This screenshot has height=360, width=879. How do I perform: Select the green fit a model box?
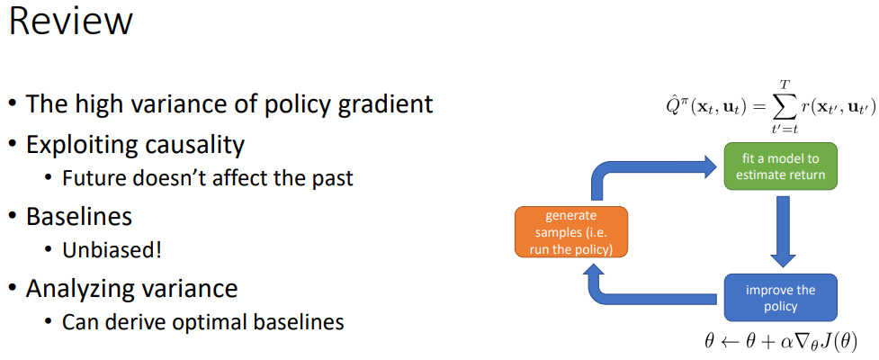(780, 166)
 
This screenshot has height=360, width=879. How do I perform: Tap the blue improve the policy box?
(780, 298)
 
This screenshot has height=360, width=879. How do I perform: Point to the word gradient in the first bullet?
(381, 103)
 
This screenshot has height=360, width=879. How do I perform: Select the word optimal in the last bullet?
(195, 321)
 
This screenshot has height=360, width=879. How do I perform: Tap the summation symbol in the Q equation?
(767, 108)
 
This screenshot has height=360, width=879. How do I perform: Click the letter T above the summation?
(767, 84)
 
